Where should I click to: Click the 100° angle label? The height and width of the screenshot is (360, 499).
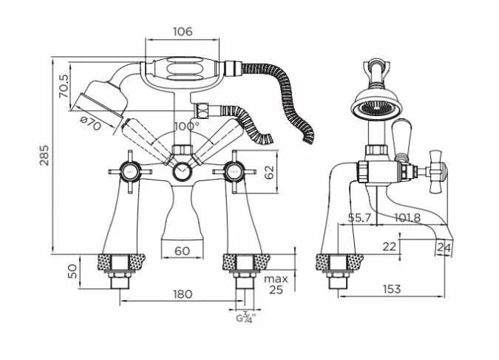tap(186, 125)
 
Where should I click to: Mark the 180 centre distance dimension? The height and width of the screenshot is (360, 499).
tap(182, 293)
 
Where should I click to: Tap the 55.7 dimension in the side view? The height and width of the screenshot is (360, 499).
tap(359, 218)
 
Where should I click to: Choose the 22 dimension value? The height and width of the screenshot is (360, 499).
tap(390, 245)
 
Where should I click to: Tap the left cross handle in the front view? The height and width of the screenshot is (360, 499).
tap(129, 172)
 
